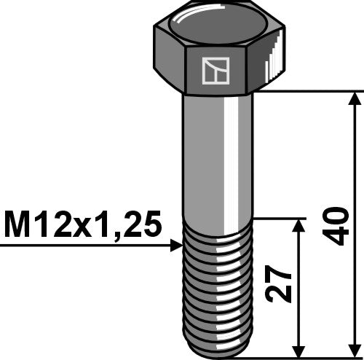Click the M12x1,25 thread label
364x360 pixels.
[x=82, y=226]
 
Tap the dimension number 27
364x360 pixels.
[x=281, y=288]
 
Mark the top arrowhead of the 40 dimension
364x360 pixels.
[x=355, y=98]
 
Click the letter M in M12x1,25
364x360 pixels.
[x=16, y=226]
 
